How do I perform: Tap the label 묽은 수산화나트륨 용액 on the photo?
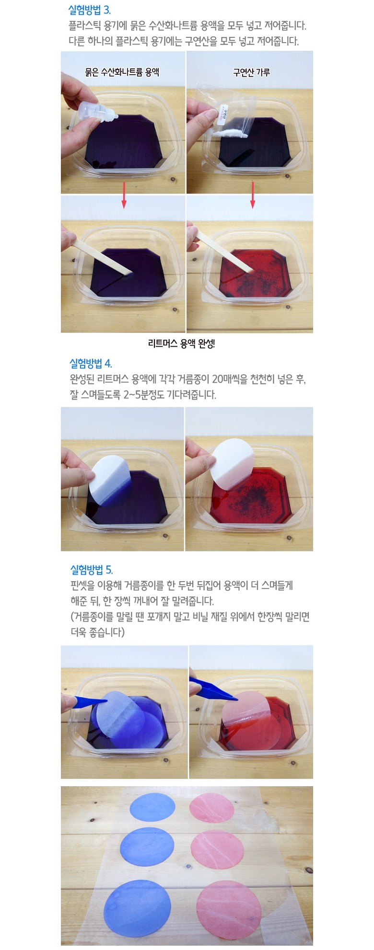tap(122, 72)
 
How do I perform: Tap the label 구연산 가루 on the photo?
tap(251, 72)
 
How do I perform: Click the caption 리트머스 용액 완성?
tap(182, 343)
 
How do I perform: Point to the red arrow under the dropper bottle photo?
tap(124, 195)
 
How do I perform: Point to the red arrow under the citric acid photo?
tap(253, 195)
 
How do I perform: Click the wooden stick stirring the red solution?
tap(225, 253)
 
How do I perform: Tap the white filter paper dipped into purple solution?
tap(110, 481)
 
